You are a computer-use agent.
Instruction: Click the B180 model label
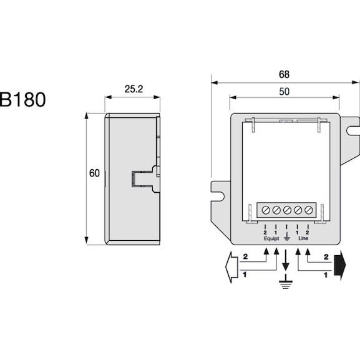click(x=22, y=99)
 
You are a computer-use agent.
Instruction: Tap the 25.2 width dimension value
click(x=134, y=89)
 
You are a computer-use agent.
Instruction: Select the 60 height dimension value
click(x=94, y=173)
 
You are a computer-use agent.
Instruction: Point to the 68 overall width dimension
click(x=285, y=74)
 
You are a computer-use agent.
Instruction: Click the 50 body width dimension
click(x=285, y=92)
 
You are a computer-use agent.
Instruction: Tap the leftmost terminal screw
click(x=266, y=210)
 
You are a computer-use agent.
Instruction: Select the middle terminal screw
click(x=287, y=210)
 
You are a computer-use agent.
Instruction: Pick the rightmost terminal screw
click(x=308, y=210)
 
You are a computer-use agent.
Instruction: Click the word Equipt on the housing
click(x=271, y=238)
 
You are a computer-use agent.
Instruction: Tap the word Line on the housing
click(x=303, y=238)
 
